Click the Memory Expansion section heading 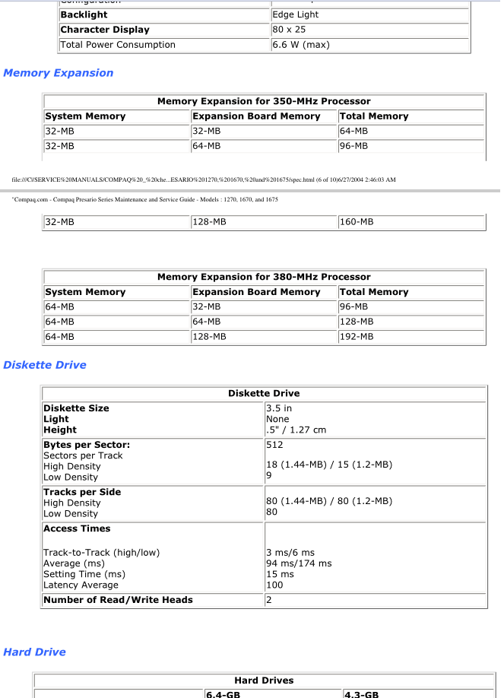tap(59, 73)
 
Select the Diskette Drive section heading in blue tap(45, 365)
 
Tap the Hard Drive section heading tap(34, 652)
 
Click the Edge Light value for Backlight tap(296, 14)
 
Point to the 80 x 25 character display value tap(289, 30)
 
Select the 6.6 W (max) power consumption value tap(301, 45)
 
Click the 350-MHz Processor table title tap(264, 101)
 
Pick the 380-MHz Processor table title tap(264, 277)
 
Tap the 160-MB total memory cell tap(357, 223)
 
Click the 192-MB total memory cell tap(357, 337)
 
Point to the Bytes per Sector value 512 tap(274, 445)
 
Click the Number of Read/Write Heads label tap(118, 600)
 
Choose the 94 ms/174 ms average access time tap(299, 563)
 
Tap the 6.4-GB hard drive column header tap(223, 693)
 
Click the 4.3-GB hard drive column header tap(362, 693)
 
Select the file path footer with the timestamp tap(204, 179)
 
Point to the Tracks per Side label tap(82, 492)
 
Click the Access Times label tap(77, 528)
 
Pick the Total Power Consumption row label tap(118, 45)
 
